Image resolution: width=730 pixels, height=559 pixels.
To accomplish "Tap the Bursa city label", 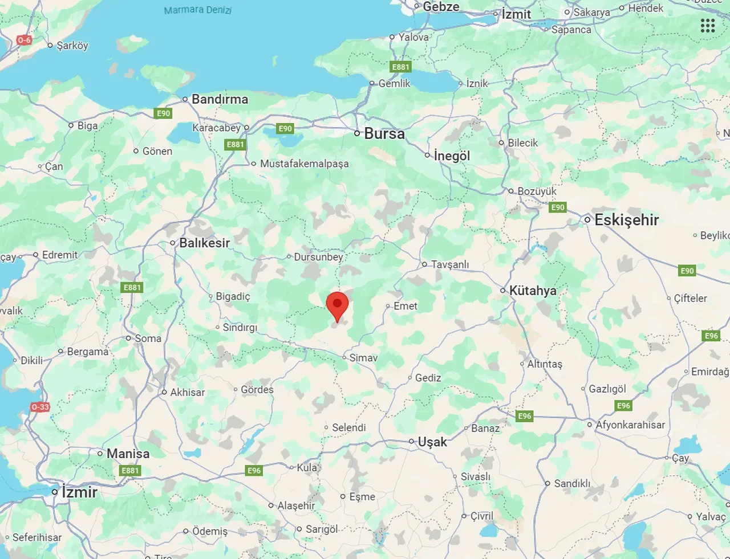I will pos(384,134).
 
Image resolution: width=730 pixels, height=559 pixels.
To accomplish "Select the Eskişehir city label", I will pos(626,220).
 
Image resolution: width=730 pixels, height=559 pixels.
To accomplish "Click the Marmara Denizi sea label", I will pos(197,10).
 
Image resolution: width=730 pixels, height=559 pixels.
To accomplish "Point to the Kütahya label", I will pos(532,291).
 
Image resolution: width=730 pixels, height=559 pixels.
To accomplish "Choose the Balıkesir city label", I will pos(204,243).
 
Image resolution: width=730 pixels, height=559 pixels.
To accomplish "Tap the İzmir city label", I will pos(79,492).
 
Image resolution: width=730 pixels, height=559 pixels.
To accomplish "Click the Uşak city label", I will pos(432,442).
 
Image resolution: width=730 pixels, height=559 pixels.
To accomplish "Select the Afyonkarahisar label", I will pos(630,425).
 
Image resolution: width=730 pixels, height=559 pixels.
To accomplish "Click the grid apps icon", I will pos(708,26).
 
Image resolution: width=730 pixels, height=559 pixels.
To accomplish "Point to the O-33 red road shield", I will pos(40,407).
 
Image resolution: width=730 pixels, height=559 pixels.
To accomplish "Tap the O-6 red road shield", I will pos(24,40).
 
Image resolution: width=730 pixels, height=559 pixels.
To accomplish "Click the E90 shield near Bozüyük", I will pos(558,207).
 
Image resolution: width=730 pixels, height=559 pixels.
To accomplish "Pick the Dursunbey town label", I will pos(318,257).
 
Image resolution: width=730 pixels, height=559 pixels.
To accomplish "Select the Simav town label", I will pos(363,358).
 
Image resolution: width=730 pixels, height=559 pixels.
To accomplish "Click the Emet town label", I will pos(405,306).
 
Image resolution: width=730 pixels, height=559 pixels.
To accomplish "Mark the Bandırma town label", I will pos(220,99).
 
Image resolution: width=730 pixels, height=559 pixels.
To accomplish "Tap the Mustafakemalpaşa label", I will pos(304,164).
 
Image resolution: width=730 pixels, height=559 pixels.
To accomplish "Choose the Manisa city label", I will pos(128,454).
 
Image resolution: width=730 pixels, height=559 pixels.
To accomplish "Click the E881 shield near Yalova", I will pos(400,67).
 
